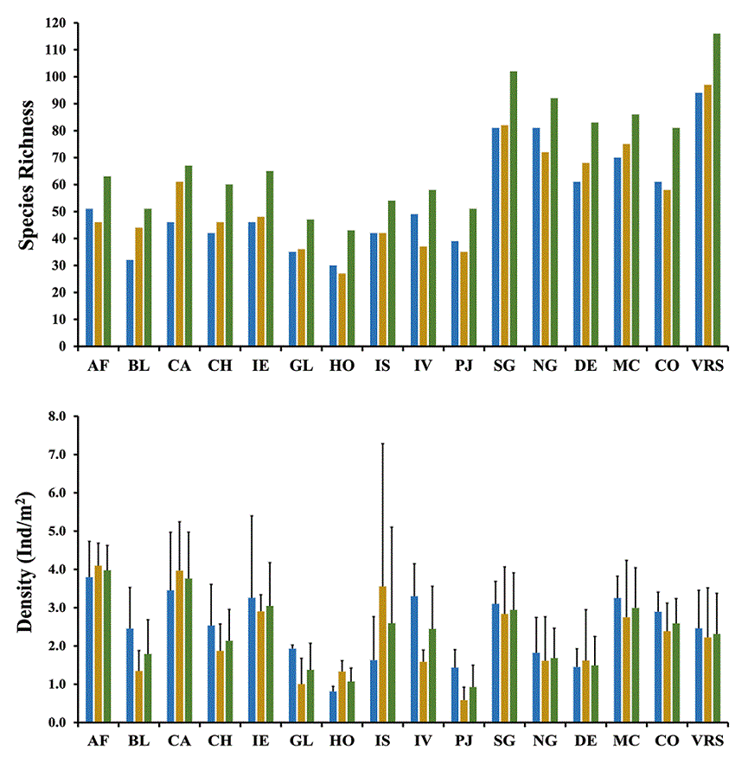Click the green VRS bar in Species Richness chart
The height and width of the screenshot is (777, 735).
[x=717, y=190]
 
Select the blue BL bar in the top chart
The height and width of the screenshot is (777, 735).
[x=130, y=303]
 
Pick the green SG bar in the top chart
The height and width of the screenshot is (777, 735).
[x=514, y=208]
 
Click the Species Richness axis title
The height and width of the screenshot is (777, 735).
[x=28, y=175]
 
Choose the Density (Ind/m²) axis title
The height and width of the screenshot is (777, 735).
[x=28, y=568]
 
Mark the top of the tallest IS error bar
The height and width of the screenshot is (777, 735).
[x=382, y=443]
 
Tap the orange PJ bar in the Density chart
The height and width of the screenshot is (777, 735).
[x=463, y=711]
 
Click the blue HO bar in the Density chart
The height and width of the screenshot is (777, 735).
[x=333, y=707]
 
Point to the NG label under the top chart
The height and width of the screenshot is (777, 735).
[x=545, y=366]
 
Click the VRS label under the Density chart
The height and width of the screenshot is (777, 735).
[x=707, y=742]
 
